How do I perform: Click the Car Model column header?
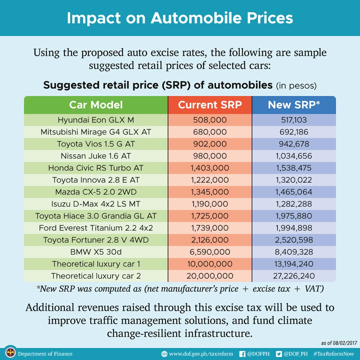point(96,105)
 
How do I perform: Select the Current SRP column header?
point(210,105)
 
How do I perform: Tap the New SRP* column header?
point(294,105)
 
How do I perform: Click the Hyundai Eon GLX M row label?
point(96,120)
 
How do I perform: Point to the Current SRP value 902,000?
point(210,144)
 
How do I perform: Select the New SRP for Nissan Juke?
point(294,156)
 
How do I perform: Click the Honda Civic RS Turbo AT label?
point(96,168)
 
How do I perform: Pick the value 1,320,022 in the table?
point(294,180)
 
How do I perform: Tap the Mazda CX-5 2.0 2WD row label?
point(96,192)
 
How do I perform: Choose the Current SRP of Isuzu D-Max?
point(210,204)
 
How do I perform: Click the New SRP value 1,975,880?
point(294,216)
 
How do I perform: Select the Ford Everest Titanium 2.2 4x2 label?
point(96,228)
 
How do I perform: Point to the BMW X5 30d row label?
point(96,252)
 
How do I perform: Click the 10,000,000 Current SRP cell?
point(210,264)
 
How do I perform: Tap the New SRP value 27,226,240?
point(294,276)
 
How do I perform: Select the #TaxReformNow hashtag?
point(334,354)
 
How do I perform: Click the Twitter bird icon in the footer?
point(278,354)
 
